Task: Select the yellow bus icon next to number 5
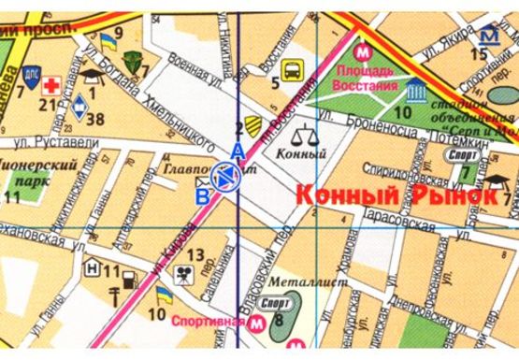[292, 68]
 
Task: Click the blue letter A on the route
[238, 152]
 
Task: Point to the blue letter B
[202, 195]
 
